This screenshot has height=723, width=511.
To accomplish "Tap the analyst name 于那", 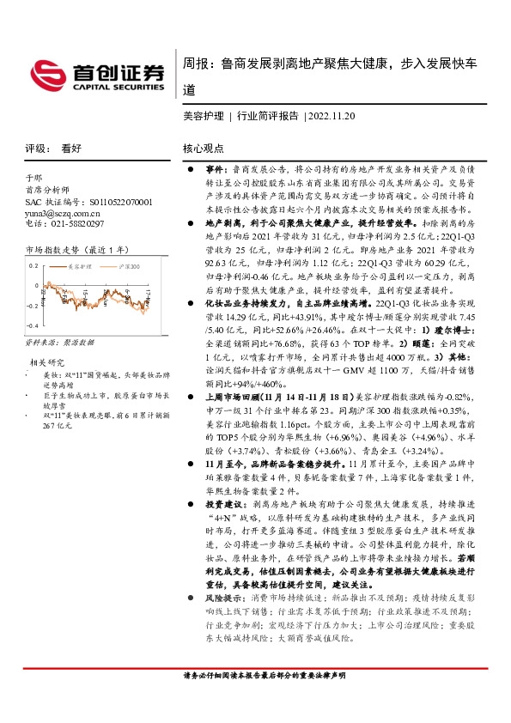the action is [33, 179].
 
